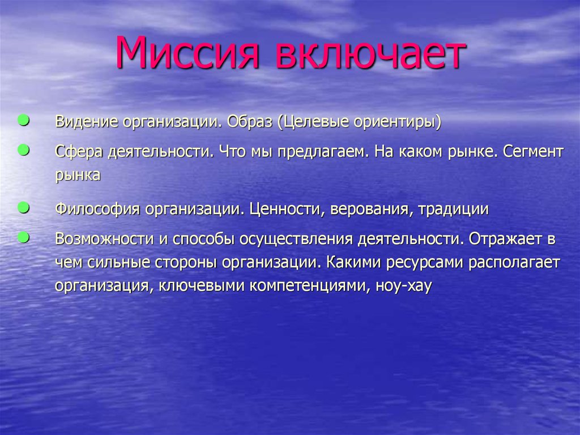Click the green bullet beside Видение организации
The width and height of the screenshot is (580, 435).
tap(24, 120)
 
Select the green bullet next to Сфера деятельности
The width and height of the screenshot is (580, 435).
tap(24, 150)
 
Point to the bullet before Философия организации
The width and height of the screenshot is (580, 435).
tap(24, 208)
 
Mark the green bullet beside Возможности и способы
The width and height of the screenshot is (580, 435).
tap(24, 237)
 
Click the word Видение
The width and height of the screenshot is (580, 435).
tap(87, 121)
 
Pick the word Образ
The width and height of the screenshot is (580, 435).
tap(249, 121)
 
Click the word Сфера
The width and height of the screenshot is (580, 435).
tap(79, 152)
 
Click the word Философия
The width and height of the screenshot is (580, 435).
tap(97, 209)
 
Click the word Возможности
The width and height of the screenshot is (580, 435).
tap(105, 239)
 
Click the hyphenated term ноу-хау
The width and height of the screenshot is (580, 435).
tap(403, 286)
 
